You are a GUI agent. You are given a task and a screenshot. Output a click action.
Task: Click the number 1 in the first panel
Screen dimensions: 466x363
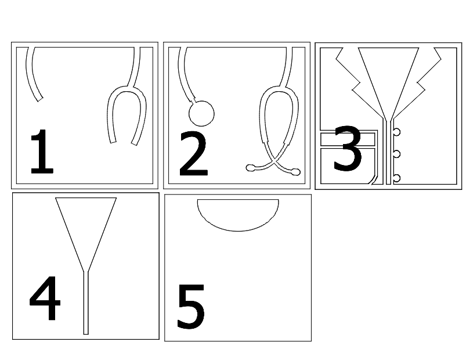click(x=42, y=152)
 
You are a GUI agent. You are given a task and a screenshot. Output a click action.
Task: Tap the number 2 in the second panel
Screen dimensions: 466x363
click(x=193, y=153)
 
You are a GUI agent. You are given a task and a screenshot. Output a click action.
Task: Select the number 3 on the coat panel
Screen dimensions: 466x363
click(x=348, y=148)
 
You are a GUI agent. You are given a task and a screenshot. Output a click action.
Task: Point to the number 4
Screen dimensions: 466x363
click(x=45, y=298)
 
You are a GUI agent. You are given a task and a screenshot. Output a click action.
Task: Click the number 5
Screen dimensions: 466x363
click(x=191, y=306)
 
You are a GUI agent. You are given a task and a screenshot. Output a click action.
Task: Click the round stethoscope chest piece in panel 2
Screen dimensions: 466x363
click(x=201, y=113)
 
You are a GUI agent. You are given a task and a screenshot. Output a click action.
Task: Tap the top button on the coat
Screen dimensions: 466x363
click(x=397, y=132)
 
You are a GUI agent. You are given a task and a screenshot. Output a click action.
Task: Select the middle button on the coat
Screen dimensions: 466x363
click(x=397, y=154)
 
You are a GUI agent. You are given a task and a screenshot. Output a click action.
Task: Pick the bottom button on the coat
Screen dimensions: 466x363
click(x=397, y=178)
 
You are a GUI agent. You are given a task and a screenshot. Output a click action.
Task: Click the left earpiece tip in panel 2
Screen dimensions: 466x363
click(x=250, y=168)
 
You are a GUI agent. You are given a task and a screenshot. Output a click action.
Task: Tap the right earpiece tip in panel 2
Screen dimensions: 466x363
click(x=296, y=172)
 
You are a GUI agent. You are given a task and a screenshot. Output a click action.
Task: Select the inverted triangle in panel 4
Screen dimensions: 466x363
click(x=86, y=226)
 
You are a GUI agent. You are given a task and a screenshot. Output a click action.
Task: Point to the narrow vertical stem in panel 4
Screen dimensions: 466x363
click(x=86, y=303)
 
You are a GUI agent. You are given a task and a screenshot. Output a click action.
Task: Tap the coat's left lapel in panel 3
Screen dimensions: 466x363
click(x=357, y=83)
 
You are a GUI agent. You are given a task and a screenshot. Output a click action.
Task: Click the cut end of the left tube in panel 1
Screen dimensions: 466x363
click(x=39, y=99)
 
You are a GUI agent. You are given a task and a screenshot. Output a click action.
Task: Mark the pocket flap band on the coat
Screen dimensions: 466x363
click(x=348, y=139)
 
